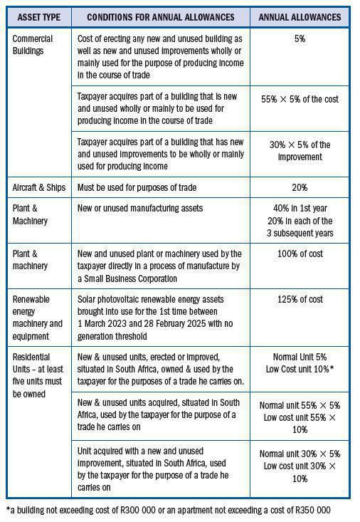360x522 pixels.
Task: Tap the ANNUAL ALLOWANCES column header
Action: (x=300, y=16)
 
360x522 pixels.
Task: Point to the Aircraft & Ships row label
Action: (x=39, y=187)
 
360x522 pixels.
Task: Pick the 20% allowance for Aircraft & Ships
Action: (x=300, y=187)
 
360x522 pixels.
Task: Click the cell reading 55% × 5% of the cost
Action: (x=300, y=99)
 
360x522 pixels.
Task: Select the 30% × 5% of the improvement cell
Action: (x=300, y=150)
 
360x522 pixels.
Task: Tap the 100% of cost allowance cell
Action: (x=300, y=254)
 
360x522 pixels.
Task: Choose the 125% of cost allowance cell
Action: (x=300, y=300)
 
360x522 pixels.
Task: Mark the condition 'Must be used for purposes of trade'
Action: (x=137, y=187)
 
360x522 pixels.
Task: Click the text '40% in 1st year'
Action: (x=300, y=208)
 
